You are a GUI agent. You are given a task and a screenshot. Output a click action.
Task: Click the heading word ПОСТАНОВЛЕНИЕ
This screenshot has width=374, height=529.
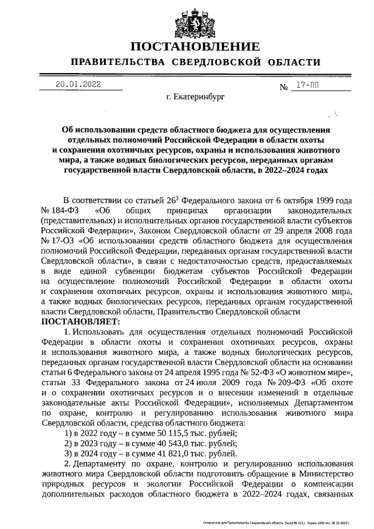pyautogui.click(x=195, y=46)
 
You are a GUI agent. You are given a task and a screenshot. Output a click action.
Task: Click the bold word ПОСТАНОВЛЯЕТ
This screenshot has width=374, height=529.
pyautogui.click(x=80, y=321)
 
